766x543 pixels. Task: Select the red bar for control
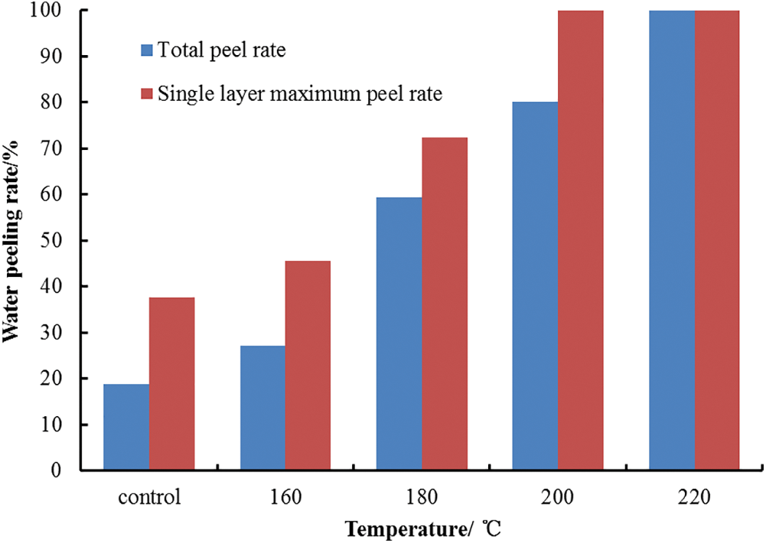pyautogui.click(x=171, y=383)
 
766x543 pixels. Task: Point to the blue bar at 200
pyautogui.click(x=535, y=286)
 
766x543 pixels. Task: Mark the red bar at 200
pyautogui.click(x=581, y=240)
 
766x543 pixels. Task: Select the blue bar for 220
pyautogui.click(x=672, y=240)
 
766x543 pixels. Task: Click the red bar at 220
pyautogui.click(x=717, y=240)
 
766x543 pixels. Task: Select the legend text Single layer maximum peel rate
pyautogui.click(x=300, y=95)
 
